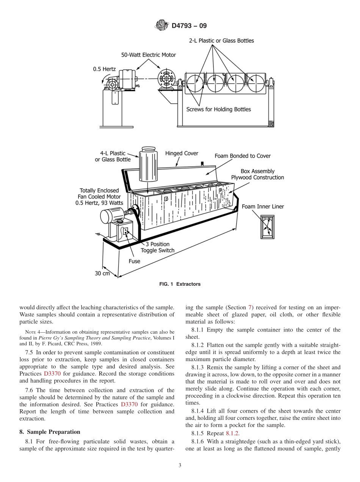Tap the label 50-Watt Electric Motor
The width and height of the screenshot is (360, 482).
tap(149, 55)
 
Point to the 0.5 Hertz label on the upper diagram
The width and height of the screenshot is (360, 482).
tap(105, 69)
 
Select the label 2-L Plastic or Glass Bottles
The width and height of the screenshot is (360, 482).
tap(221, 41)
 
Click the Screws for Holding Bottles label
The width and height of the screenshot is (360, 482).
tap(218, 109)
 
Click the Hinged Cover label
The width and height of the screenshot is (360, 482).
tap(182, 153)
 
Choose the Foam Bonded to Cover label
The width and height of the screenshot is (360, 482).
tap(243, 156)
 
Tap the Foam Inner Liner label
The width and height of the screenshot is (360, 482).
tap(263, 207)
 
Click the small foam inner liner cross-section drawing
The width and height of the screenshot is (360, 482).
tap(267, 227)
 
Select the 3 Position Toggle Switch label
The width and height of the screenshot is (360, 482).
tap(158, 247)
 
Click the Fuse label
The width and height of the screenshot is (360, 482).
tap(135, 261)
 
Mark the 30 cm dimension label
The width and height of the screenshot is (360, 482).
tap(102, 273)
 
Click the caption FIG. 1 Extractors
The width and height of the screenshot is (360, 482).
tap(180, 284)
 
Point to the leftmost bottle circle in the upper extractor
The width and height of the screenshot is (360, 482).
tap(196, 83)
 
